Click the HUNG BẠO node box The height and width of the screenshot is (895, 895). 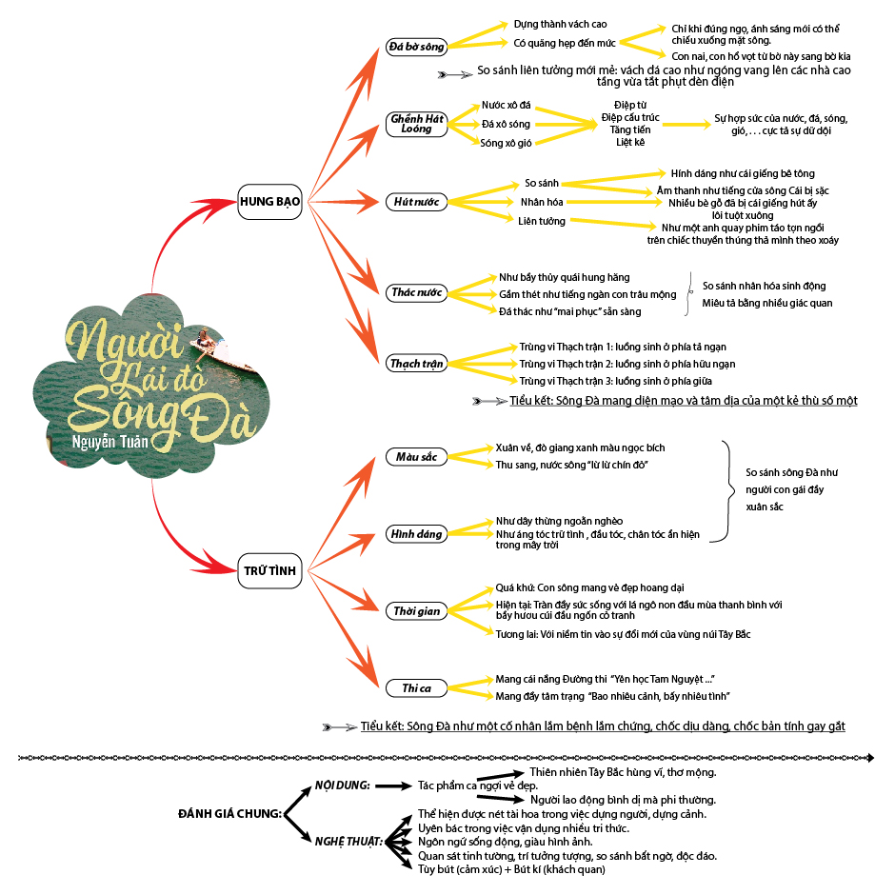pos(269,202)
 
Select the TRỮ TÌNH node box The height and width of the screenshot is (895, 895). pos(269,571)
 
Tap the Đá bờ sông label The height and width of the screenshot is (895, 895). pos(415,46)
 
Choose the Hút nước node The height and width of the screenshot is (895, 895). pos(416,202)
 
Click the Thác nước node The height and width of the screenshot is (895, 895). pos(417,292)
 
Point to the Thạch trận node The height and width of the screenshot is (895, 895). pos(417,364)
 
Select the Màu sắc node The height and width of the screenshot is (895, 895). pos(416,457)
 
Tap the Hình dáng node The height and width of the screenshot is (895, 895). pos(417,534)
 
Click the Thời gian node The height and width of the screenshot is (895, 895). pos(417,610)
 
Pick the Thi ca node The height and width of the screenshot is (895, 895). pos(417,687)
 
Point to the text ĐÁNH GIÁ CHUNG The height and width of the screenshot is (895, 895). pos(229,813)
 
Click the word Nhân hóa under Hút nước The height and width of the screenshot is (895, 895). pos(541,202)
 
